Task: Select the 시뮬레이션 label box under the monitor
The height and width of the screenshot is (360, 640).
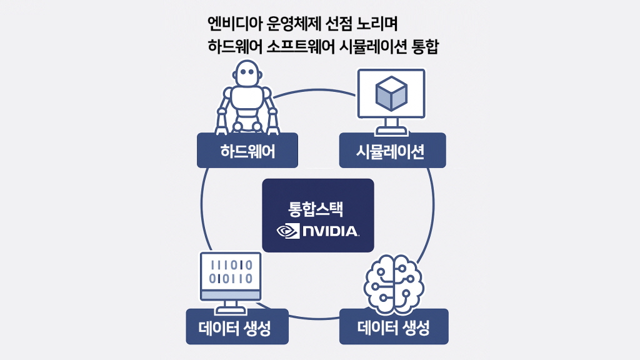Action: [x=392, y=151]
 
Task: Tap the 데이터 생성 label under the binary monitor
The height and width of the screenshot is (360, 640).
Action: [x=237, y=326]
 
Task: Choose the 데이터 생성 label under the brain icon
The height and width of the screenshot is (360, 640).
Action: [x=394, y=326]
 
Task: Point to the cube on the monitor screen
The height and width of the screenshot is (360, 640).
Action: [x=391, y=92]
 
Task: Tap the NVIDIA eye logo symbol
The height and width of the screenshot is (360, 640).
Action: [x=287, y=231]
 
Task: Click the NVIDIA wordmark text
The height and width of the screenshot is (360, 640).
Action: [x=330, y=231]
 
